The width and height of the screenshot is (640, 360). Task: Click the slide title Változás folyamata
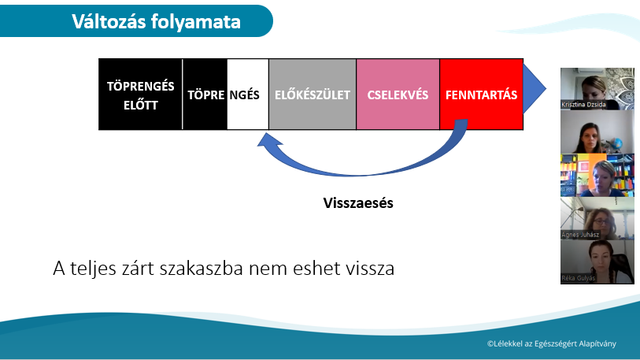[156, 21]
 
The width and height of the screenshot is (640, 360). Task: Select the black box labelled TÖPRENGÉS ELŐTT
[140, 95]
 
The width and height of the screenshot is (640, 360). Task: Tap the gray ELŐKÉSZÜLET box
[313, 95]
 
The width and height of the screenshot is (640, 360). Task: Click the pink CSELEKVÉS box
[398, 95]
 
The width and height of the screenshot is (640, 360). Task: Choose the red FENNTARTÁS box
[481, 95]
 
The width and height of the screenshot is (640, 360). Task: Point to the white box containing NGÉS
[248, 95]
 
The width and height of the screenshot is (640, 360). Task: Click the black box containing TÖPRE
[205, 95]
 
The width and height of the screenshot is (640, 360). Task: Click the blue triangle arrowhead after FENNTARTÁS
[533, 88]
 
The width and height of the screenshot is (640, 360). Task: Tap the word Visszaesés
[358, 203]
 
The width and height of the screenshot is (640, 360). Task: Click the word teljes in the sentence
[93, 269]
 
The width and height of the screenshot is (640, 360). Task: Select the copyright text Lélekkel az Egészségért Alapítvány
[551, 343]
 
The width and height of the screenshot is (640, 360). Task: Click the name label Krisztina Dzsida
[583, 105]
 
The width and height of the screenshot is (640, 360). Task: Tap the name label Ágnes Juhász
[580, 235]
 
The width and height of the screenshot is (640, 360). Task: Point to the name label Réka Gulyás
[579, 278]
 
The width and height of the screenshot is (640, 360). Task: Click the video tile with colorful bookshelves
[597, 176]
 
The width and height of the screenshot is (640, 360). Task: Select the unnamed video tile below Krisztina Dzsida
[597, 132]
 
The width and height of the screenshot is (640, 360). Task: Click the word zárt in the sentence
[138, 269]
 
